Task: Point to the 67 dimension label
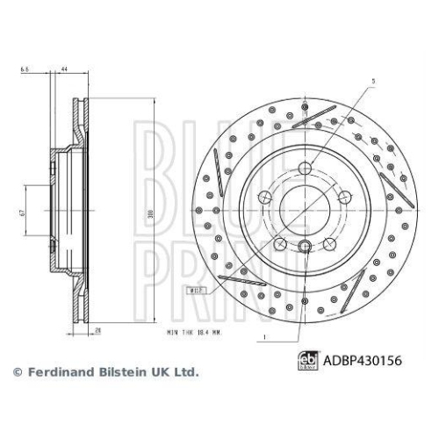pyautogui.click(x=25, y=212)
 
